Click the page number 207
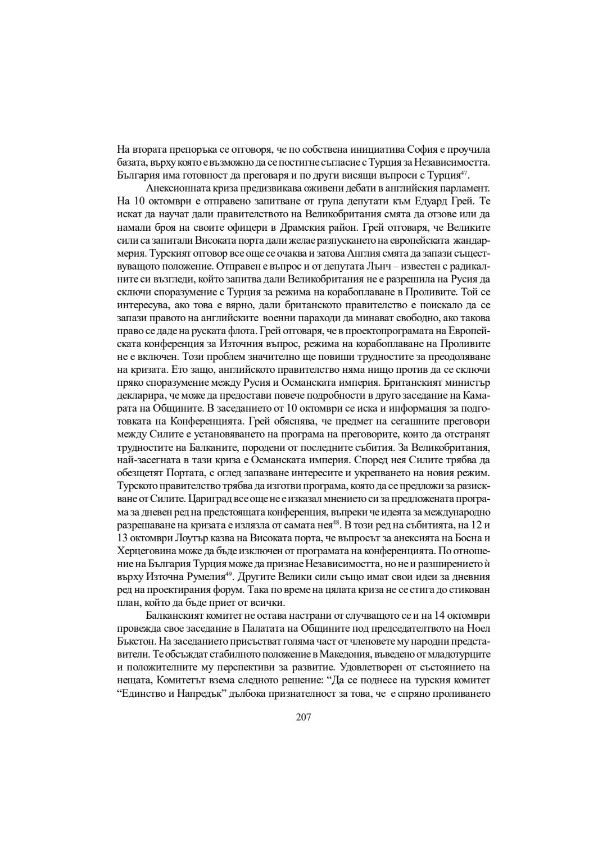[x=303, y=716]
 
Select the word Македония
[x=351, y=654]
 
